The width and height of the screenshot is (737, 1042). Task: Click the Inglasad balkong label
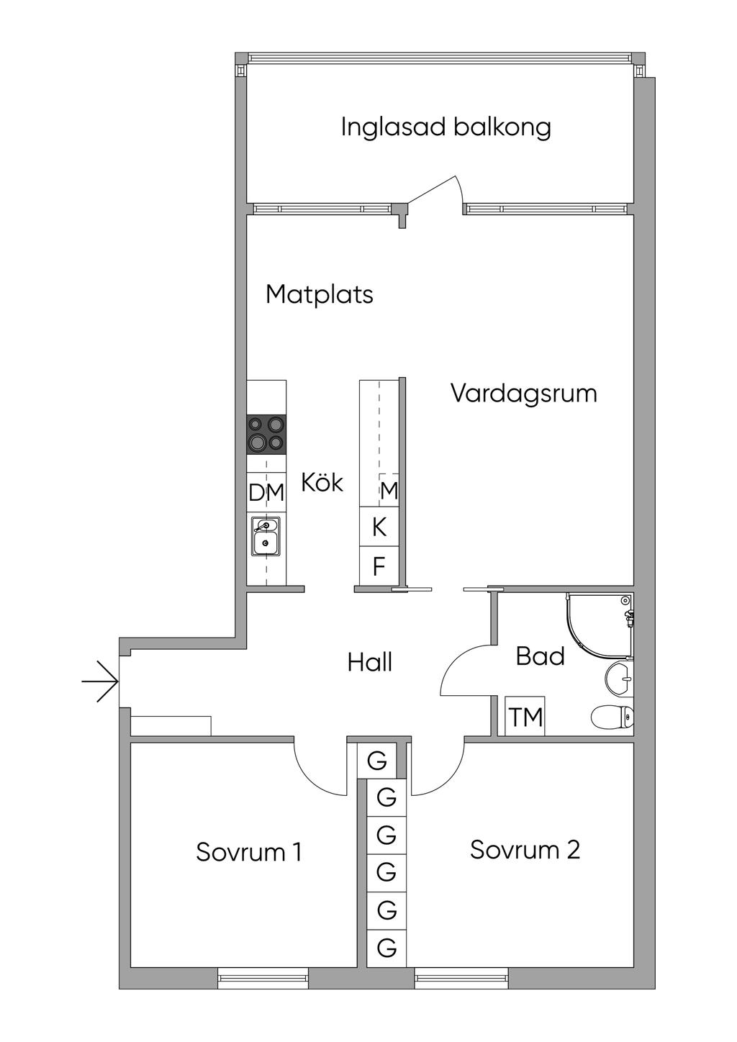pyautogui.click(x=446, y=127)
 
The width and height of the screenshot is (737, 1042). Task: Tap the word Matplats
pyautogui.click(x=319, y=294)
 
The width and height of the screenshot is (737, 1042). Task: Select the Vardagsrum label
pyautogui.click(x=524, y=394)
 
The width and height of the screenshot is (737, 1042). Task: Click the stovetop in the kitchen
pyautogui.click(x=266, y=433)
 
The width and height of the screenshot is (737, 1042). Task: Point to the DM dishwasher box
pyautogui.click(x=266, y=493)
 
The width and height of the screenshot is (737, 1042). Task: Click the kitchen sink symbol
pyautogui.click(x=266, y=536)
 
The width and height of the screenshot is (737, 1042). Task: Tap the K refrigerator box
pyautogui.click(x=379, y=527)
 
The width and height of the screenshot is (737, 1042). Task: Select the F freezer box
pyautogui.click(x=379, y=566)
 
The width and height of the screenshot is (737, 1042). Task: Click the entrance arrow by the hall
pyautogui.click(x=99, y=681)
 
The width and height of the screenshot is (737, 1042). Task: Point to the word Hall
pyautogui.click(x=370, y=662)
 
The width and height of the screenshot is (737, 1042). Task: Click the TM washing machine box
pyautogui.click(x=525, y=717)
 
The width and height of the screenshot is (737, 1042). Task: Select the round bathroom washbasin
pyautogui.click(x=619, y=678)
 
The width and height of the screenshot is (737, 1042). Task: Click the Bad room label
pyautogui.click(x=541, y=656)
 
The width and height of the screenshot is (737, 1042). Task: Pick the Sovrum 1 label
pyautogui.click(x=249, y=852)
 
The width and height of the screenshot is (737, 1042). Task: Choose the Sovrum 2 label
pyautogui.click(x=525, y=850)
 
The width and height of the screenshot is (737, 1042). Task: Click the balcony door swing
pyautogui.click(x=435, y=190)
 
